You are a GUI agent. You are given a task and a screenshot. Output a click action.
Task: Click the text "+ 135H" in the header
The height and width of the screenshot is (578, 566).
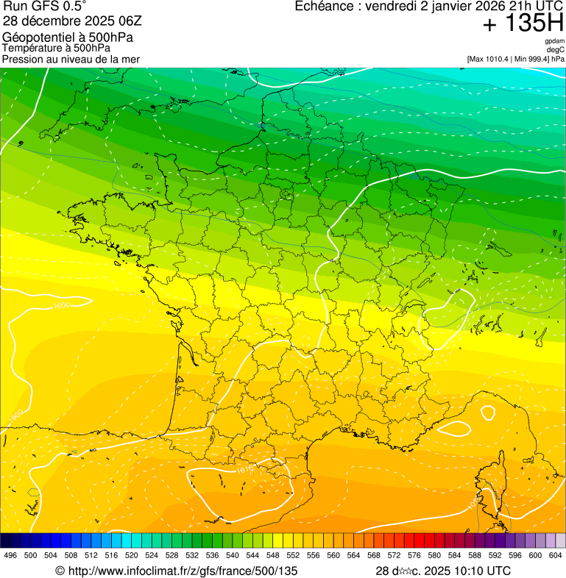[523, 24]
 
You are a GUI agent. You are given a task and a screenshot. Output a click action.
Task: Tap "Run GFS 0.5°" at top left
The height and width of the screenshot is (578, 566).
[45, 7]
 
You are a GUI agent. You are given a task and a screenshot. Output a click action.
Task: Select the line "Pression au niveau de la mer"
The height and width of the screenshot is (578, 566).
[71, 59]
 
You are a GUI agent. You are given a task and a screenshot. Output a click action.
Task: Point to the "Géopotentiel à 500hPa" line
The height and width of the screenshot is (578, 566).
[68, 37]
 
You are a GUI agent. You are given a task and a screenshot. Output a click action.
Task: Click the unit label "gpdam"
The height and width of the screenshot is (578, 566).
[554, 41]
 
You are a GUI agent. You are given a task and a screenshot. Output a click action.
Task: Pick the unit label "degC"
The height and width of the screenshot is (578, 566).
[556, 50]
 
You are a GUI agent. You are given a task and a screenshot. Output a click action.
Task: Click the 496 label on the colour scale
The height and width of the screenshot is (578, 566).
[10, 556]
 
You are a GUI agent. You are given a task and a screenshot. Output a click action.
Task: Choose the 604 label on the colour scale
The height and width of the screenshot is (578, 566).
[556, 556]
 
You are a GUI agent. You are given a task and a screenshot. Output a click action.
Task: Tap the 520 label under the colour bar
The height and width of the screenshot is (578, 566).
[132, 556]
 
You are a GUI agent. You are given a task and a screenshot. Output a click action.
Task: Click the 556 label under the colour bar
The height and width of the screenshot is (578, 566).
[314, 556]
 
